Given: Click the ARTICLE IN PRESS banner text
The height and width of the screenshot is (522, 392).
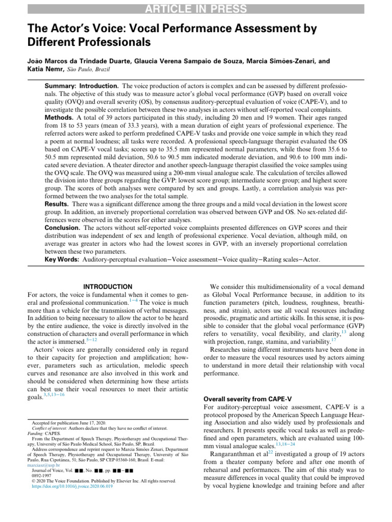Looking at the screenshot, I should [x=196, y=9].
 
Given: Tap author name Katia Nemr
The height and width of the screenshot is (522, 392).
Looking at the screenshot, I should [x=43, y=69].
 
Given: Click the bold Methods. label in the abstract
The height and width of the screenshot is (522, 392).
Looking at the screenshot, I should [x=60, y=116].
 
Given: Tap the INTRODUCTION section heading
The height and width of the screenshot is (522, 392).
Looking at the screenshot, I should [x=107, y=287].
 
